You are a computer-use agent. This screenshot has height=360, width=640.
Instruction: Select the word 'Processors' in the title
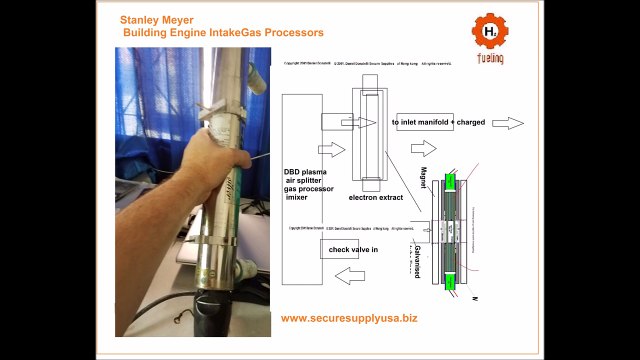click(291, 32)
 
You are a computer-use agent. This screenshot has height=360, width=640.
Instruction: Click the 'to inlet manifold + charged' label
click(438, 122)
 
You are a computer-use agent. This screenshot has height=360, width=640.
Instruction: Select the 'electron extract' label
click(362, 198)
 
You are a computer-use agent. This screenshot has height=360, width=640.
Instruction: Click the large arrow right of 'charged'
click(507, 123)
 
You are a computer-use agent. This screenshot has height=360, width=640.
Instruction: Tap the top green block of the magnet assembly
click(450, 183)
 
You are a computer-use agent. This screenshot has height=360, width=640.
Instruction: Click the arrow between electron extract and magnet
click(424, 148)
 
